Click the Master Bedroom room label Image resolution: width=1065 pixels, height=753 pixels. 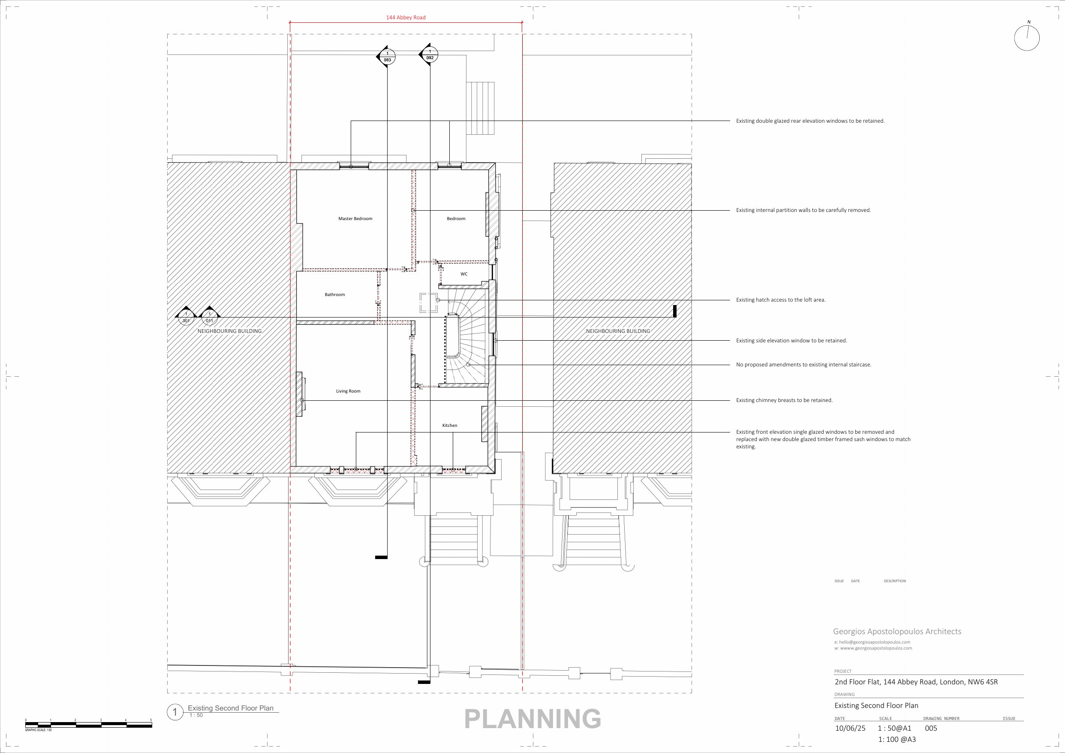click(x=355, y=219)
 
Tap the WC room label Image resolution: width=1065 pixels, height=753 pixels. click(x=464, y=274)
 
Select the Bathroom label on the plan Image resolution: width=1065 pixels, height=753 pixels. click(x=335, y=294)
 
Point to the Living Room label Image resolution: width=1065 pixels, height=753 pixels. click(x=348, y=391)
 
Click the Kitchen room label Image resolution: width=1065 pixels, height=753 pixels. click(x=449, y=425)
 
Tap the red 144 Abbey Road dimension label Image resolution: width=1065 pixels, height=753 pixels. click(x=406, y=18)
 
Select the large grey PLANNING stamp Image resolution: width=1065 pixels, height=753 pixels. click(x=532, y=719)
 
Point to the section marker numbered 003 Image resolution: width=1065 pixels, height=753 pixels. click(x=386, y=57)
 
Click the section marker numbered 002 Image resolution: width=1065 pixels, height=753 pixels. click(x=429, y=55)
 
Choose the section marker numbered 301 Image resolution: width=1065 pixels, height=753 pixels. click(x=186, y=317)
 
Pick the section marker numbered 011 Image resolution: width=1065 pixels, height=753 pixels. click(x=209, y=317)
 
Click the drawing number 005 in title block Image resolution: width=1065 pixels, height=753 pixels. click(x=930, y=728)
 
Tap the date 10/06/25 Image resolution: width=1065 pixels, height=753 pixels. click(x=850, y=728)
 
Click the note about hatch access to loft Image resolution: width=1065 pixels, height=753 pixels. click(x=781, y=300)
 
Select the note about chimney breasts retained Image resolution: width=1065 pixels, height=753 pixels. click(x=784, y=400)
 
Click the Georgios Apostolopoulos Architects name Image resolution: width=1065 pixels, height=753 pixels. click(x=897, y=632)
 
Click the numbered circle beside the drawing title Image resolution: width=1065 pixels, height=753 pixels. click(x=175, y=712)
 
